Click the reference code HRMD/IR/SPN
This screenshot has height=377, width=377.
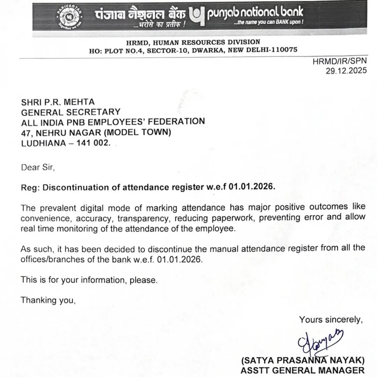point(339,62)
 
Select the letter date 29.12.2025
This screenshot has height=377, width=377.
point(346,71)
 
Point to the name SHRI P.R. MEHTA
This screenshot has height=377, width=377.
point(58,102)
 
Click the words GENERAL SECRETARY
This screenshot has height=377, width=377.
point(71,112)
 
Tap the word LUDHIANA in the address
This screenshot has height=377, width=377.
point(43,143)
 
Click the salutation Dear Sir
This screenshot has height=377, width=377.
point(37,167)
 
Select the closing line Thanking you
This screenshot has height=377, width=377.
point(48,300)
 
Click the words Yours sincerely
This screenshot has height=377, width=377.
point(331,319)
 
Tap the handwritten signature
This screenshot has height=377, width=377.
point(319,341)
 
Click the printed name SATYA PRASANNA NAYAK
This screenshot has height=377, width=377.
point(303,360)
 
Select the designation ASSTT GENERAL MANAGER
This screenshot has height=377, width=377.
point(302,370)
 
